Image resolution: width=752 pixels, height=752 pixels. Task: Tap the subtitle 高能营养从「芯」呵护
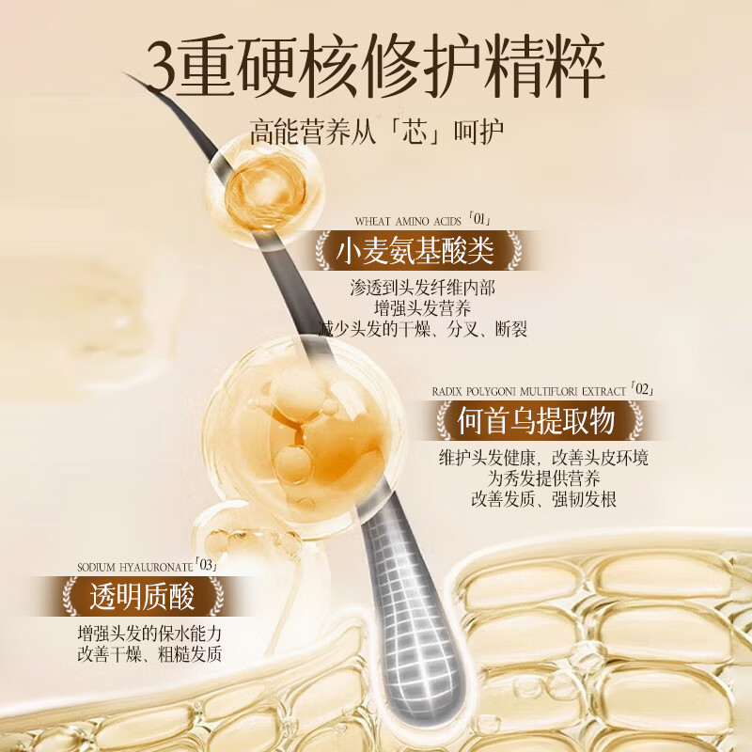(x=377, y=129)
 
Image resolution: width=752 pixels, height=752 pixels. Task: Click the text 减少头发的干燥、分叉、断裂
(x=422, y=329)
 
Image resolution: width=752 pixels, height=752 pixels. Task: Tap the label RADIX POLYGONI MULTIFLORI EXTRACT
(x=531, y=390)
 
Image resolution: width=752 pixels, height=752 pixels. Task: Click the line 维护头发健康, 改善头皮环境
(x=543, y=459)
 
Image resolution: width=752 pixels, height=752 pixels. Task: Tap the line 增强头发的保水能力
(x=149, y=633)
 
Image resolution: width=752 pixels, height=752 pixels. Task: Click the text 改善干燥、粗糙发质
(x=149, y=654)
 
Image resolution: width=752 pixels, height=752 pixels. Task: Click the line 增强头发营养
(x=422, y=309)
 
